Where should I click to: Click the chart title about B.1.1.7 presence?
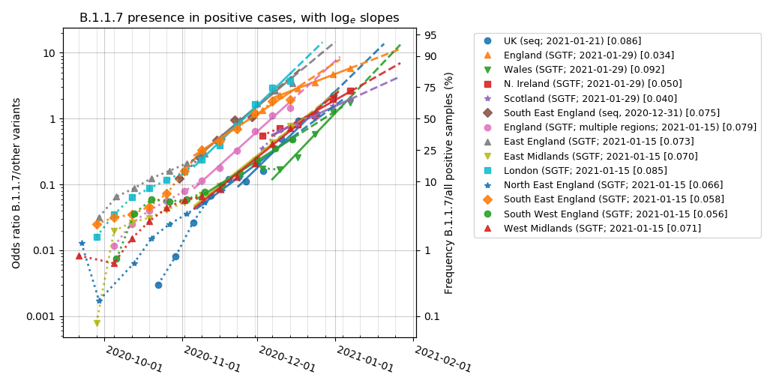tap(239, 17)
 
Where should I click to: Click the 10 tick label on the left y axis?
tap(49, 53)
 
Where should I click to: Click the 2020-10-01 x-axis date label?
tap(133, 360)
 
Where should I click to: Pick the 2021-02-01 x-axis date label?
tap(442, 360)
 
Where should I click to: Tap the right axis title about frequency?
tap(449, 182)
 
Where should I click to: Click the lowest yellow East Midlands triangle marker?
tap(97, 323)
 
